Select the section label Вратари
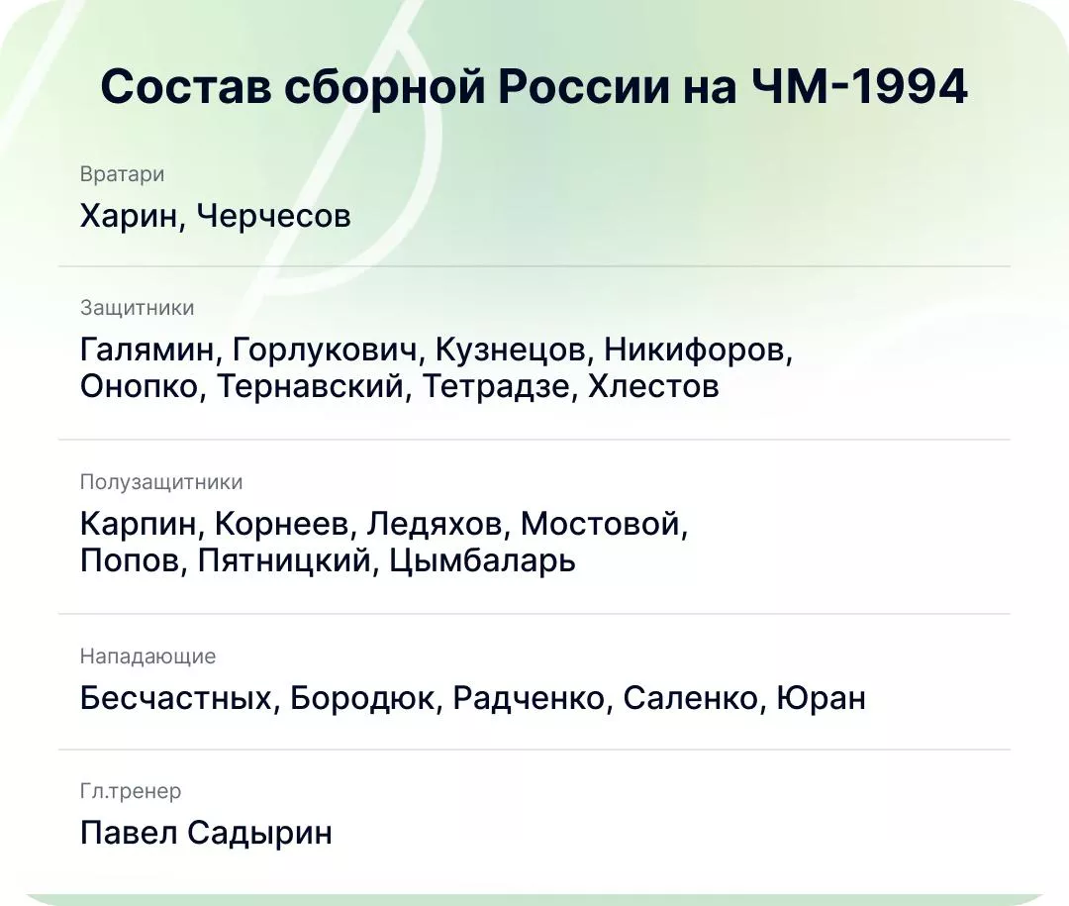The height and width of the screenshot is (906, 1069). pyautogui.click(x=122, y=174)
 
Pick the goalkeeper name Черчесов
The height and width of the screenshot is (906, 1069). pyautogui.click(x=273, y=215)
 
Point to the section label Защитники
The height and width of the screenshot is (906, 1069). pyautogui.click(x=137, y=308)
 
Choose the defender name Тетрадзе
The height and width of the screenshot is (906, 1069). pyautogui.click(x=497, y=386)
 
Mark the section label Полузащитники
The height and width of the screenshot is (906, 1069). pyautogui.click(x=160, y=482)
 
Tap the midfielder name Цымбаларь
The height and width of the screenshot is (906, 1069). pyautogui.click(x=482, y=561)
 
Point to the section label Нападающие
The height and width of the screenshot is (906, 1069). pyautogui.click(x=147, y=656)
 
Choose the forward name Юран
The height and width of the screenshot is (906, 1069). pyautogui.click(x=822, y=698)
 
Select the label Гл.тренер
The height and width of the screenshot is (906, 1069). pyautogui.click(x=130, y=791)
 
